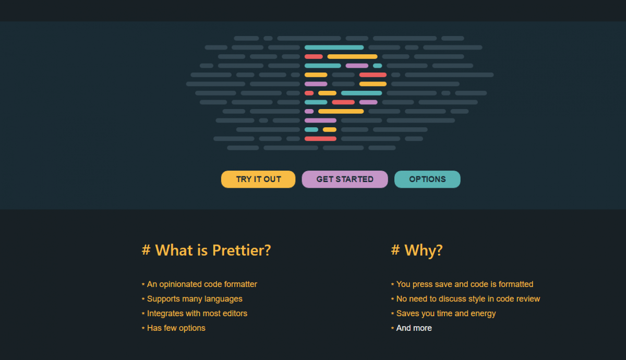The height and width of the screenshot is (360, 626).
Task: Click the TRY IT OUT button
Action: [x=258, y=179]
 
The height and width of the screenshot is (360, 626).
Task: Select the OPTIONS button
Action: [x=427, y=179]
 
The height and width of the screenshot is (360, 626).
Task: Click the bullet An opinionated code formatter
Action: [x=202, y=284]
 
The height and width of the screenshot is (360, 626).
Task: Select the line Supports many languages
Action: [x=195, y=299]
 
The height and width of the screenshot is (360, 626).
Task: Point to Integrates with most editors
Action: [x=197, y=314]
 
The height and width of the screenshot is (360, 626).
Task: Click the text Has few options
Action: [x=176, y=328]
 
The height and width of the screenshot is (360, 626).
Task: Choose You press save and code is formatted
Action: [x=465, y=284]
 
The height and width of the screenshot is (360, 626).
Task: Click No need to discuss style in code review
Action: [x=468, y=299]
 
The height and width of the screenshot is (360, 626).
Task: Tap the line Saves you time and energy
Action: [x=446, y=314]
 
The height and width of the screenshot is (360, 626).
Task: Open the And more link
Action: [x=414, y=328]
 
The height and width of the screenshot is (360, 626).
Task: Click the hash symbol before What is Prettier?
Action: [x=146, y=249]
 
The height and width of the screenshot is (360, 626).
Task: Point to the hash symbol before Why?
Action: [x=395, y=249]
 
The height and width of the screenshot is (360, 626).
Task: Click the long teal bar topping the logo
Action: [x=334, y=47]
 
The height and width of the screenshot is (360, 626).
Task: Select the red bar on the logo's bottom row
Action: [x=320, y=139]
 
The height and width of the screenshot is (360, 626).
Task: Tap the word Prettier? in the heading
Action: [x=242, y=250]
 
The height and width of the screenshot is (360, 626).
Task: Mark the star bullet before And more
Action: [x=392, y=328]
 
